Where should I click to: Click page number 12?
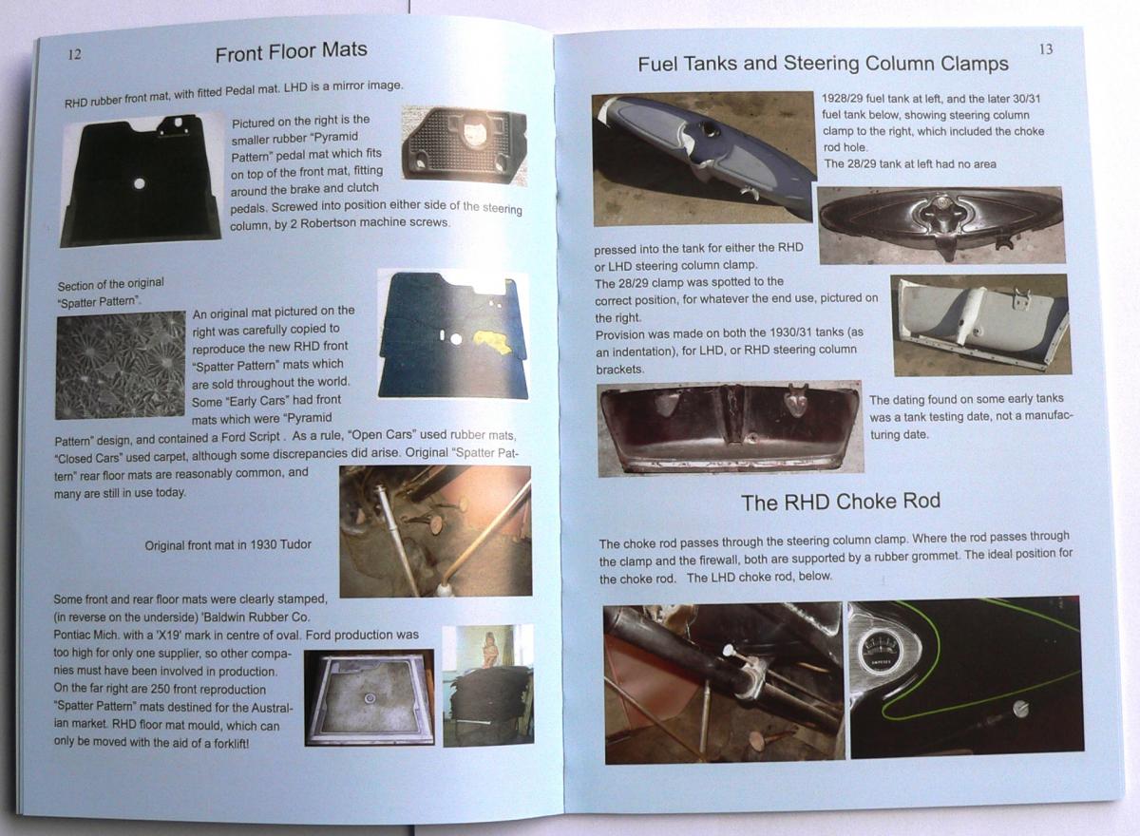pyautogui.click(x=74, y=54)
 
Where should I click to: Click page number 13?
pyautogui.click(x=1046, y=49)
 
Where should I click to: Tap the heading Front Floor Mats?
pyautogui.click(x=291, y=52)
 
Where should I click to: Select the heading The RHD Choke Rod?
pyautogui.click(x=840, y=502)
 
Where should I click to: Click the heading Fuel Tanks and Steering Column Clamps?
pyautogui.click(x=823, y=64)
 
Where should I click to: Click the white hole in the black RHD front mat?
pyautogui.click(x=139, y=183)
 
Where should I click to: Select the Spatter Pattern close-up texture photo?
pyautogui.click(x=120, y=365)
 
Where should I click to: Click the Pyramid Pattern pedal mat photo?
pyautogui.click(x=465, y=144)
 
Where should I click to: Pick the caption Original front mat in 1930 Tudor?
pyautogui.click(x=228, y=545)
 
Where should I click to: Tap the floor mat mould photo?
pyautogui.click(x=370, y=697)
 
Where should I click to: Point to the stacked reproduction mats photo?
pyautogui.click(x=488, y=685)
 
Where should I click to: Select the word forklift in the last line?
pyautogui.click(x=230, y=743)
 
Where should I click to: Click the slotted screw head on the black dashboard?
pyautogui.click(x=1020, y=709)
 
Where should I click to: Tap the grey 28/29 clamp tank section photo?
pyautogui.click(x=982, y=326)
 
